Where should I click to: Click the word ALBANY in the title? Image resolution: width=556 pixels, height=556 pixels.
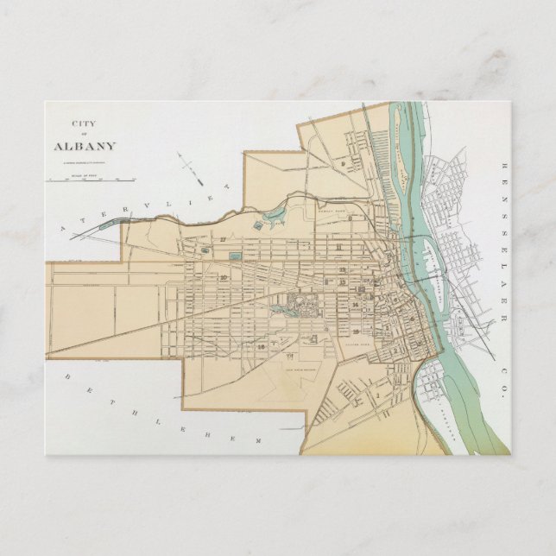(85, 146)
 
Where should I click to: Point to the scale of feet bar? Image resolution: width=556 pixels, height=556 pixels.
(92, 179)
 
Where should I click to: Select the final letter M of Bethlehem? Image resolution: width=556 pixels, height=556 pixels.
(256, 441)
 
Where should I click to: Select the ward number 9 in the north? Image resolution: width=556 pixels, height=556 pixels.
(343, 163)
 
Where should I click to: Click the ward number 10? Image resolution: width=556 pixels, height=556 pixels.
(224, 277)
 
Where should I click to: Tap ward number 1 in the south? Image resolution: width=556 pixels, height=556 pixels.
(377, 394)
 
